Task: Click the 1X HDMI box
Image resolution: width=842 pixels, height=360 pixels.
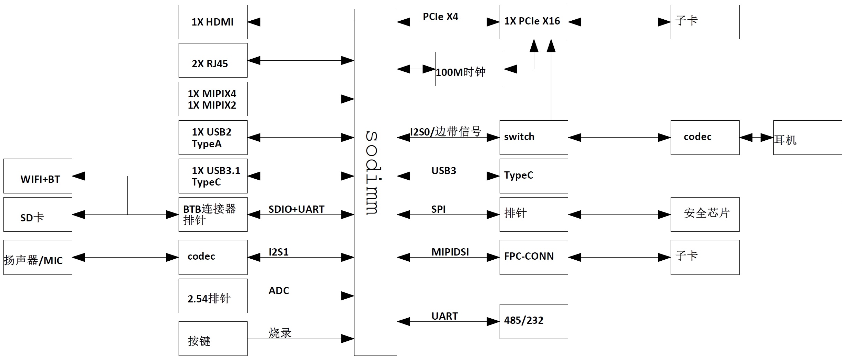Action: click(x=213, y=22)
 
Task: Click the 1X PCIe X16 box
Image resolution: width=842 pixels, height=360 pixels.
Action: click(x=533, y=22)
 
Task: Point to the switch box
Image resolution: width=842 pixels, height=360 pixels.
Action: click(x=533, y=137)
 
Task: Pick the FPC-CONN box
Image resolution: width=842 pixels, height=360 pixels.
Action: click(x=533, y=257)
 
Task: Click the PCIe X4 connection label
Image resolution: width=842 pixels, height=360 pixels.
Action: click(x=440, y=17)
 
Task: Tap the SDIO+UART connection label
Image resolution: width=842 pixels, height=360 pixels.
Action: click(x=296, y=209)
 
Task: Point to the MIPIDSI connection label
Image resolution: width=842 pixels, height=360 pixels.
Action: click(x=450, y=252)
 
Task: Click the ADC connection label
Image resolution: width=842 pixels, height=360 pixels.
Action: click(x=279, y=291)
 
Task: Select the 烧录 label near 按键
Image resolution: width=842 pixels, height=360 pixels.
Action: click(x=280, y=333)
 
